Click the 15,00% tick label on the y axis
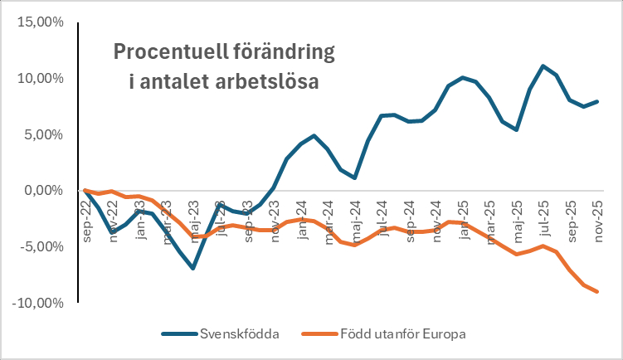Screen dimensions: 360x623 (39, 22)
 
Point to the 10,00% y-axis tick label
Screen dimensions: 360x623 (39, 79)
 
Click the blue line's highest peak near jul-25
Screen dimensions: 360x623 (543, 66)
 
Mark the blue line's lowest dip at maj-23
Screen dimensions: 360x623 (192, 268)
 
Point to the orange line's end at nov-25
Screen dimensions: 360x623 (596, 292)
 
